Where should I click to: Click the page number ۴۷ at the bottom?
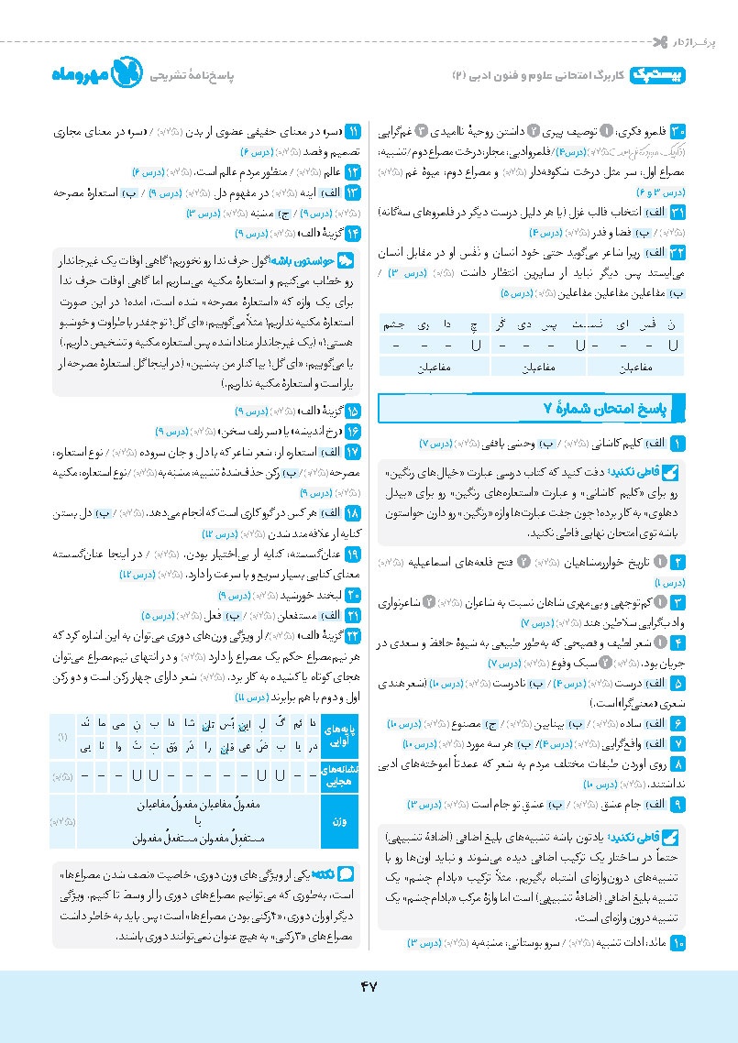369,985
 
